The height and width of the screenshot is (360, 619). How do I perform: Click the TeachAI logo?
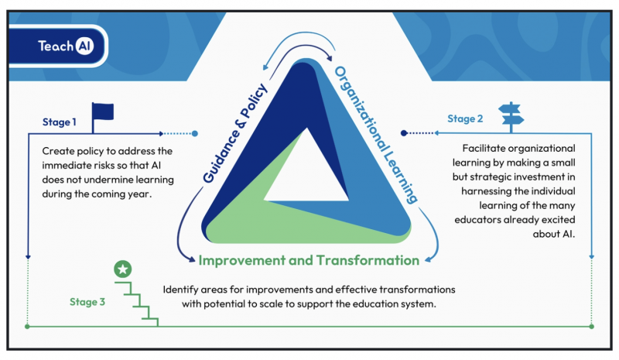66,46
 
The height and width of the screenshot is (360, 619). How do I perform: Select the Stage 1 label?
60,122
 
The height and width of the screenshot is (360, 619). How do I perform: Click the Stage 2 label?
465,118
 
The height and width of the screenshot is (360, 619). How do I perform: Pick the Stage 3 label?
87,302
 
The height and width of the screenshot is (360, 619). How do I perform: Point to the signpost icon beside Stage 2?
511,117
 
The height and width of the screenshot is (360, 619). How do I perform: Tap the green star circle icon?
123,269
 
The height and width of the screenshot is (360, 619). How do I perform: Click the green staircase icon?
137,304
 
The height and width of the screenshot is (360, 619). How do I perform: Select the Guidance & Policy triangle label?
235,134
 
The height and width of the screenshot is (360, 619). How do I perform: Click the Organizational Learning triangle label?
376,135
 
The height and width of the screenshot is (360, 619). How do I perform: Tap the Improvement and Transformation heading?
309,260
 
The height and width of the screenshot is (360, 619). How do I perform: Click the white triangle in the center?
306,173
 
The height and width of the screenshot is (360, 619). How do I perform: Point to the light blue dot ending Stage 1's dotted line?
195,134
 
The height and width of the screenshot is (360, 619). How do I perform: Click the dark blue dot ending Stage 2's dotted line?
403,133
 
